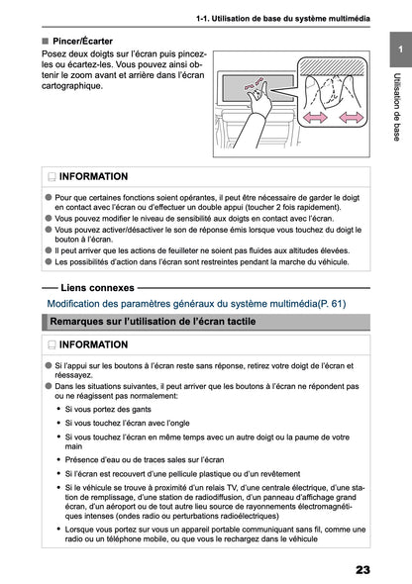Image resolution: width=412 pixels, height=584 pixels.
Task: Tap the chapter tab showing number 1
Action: pos(397,49)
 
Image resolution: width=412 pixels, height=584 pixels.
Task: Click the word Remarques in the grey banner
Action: pos(80,322)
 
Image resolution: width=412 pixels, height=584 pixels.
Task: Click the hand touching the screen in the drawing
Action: pos(262,99)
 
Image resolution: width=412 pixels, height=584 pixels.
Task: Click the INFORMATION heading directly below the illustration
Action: pos(92,176)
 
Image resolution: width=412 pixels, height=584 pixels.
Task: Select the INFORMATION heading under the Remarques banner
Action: pos(92,344)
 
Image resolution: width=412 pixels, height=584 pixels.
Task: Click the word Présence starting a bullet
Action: pos(85,459)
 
